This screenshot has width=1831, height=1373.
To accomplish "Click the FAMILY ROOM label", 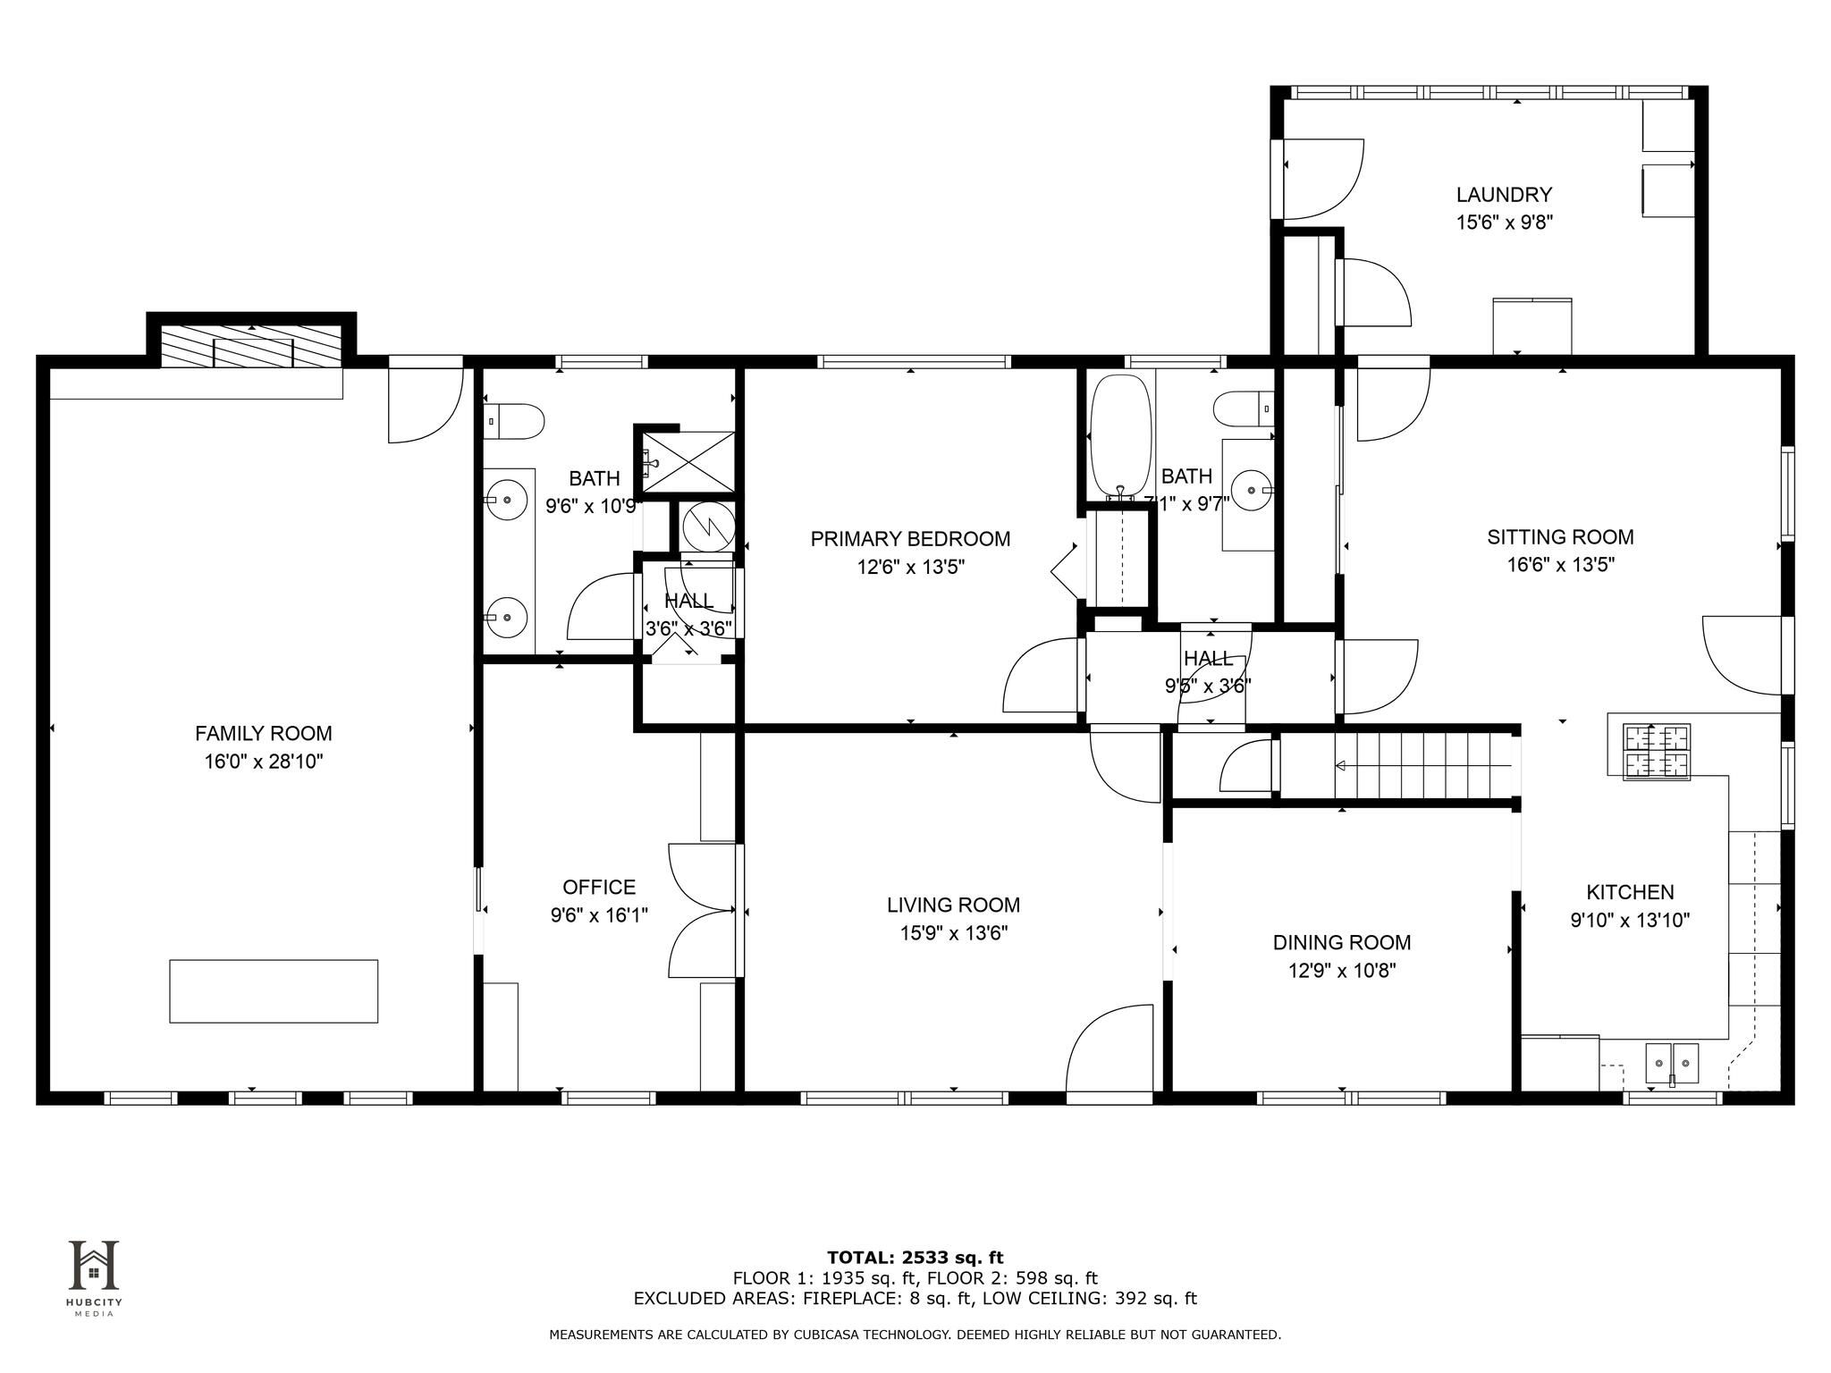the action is (x=264, y=734).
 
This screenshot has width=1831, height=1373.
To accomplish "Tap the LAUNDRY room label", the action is (x=1504, y=195).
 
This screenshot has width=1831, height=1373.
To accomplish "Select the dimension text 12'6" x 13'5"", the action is (x=911, y=567).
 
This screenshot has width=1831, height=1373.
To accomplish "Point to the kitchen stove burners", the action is (x=1658, y=751).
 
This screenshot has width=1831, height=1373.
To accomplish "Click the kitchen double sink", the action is (x=1672, y=1064).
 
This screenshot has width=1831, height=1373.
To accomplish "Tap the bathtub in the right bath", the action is (x=1118, y=437).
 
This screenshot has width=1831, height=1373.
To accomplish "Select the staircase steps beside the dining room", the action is (x=1423, y=765).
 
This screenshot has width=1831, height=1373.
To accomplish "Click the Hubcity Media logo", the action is (x=94, y=1277).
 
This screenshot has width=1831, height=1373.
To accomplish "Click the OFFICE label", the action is (x=599, y=888).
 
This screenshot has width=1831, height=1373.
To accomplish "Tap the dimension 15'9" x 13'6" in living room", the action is (x=954, y=933).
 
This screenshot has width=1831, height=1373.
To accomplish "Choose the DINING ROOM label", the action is (x=1342, y=943).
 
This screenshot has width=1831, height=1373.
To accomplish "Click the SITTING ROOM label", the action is (x=1560, y=537).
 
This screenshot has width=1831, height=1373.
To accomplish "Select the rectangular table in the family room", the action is (x=274, y=990).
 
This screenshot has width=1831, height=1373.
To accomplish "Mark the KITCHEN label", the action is (x=1630, y=892).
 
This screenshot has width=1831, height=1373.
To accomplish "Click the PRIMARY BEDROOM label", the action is (x=910, y=539).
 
